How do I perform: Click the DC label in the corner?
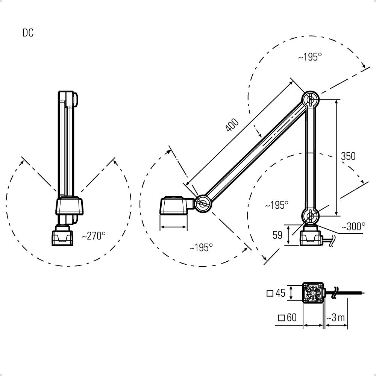[x=28, y=33]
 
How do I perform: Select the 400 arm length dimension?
[x=232, y=125]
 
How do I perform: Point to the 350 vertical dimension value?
[x=348, y=156]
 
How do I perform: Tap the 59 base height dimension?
[x=277, y=235]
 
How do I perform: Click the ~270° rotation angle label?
[x=94, y=236]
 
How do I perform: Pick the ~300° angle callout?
[x=353, y=227]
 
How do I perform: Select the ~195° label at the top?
[x=310, y=57]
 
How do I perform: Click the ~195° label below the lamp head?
[x=201, y=247]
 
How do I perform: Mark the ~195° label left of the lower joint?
[x=276, y=205]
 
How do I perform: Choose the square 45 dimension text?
[x=276, y=293]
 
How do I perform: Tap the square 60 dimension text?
[x=287, y=318]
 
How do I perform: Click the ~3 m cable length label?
[x=336, y=318]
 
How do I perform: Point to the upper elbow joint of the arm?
[x=311, y=100]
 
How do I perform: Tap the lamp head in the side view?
[x=174, y=206]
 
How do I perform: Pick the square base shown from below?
[x=313, y=293]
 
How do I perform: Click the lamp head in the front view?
[x=68, y=205]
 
